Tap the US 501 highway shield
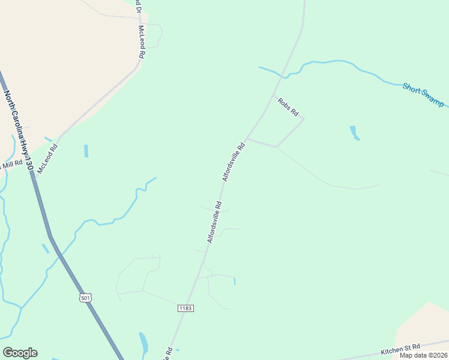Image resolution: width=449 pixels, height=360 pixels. pyautogui.click(x=85, y=298)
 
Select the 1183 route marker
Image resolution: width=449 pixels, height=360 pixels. pyautogui.click(x=185, y=308)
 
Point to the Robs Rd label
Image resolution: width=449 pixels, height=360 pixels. pyautogui.click(x=288, y=107)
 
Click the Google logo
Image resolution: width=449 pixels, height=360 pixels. pyautogui.click(x=20, y=353)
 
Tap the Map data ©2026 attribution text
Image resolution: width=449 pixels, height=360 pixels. pyautogui.click(x=423, y=355)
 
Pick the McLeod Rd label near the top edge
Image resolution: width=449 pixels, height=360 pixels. pyautogui.click(x=142, y=41)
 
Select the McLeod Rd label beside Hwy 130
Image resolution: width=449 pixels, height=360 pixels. pyautogui.click(x=47, y=158)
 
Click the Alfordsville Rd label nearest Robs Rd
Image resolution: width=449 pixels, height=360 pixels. pyautogui.click(x=234, y=162)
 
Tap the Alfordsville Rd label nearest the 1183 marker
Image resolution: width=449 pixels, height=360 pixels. pyautogui.click(x=215, y=222)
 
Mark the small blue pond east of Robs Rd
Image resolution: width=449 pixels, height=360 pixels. pyautogui.click(x=354, y=133)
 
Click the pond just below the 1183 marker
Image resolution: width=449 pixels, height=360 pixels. pyautogui.click(x=143, y=343)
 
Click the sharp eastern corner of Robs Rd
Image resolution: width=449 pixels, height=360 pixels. pyautogui.click(x=303, y=119)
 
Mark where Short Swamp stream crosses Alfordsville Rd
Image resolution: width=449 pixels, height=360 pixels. pyautogui.click(x=280, y=76)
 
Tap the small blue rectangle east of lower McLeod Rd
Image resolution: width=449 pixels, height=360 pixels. pyautogui.click(x=86, y=151)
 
